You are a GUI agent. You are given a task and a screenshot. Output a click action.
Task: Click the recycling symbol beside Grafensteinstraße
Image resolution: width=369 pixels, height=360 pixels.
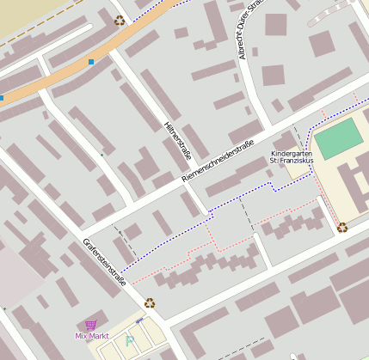[150, 302]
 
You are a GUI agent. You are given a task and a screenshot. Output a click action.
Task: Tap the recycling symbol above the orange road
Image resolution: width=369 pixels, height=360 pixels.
[119, 20]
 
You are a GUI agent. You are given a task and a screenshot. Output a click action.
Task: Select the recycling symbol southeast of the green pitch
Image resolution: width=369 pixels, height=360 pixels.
[342, 228]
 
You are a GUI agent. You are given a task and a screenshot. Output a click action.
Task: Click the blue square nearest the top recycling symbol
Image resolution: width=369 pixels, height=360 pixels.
[91, 62]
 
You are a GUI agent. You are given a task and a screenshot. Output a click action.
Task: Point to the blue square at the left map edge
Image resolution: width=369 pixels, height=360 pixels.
[2, 98]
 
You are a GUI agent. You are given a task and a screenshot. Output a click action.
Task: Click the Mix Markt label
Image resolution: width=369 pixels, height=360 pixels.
[92, 335]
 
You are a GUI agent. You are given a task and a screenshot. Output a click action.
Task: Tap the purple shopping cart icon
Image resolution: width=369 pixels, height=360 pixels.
[91, 324]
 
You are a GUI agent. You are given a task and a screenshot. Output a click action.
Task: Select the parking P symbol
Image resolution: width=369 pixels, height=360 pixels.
[130, 340]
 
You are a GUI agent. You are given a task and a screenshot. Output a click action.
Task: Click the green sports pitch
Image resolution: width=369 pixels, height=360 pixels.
[338, 137]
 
